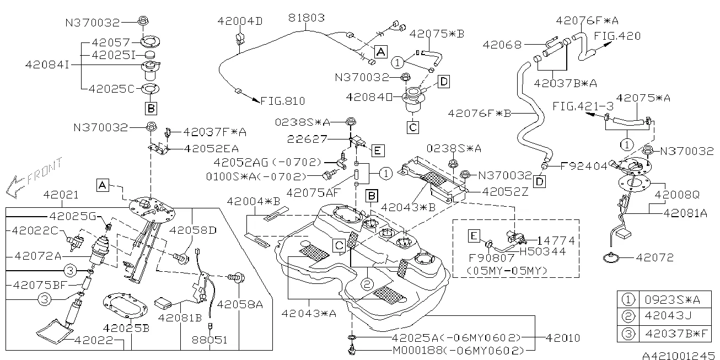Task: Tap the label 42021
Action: (62, 195)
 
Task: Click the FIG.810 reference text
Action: (282, 101)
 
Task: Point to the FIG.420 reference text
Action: (617, 36)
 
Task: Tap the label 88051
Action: (209, 340)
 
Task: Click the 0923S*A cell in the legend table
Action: (673, 300)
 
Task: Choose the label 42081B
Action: (180, 318)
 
